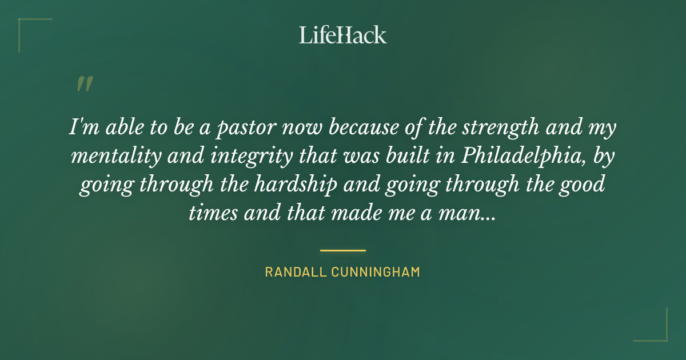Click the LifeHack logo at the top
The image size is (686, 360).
tap(343, 35)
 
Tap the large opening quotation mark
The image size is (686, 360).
tap(84, 84)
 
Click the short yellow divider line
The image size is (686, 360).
tap(343, 250)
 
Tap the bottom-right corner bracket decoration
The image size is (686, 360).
tap(657, 331)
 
